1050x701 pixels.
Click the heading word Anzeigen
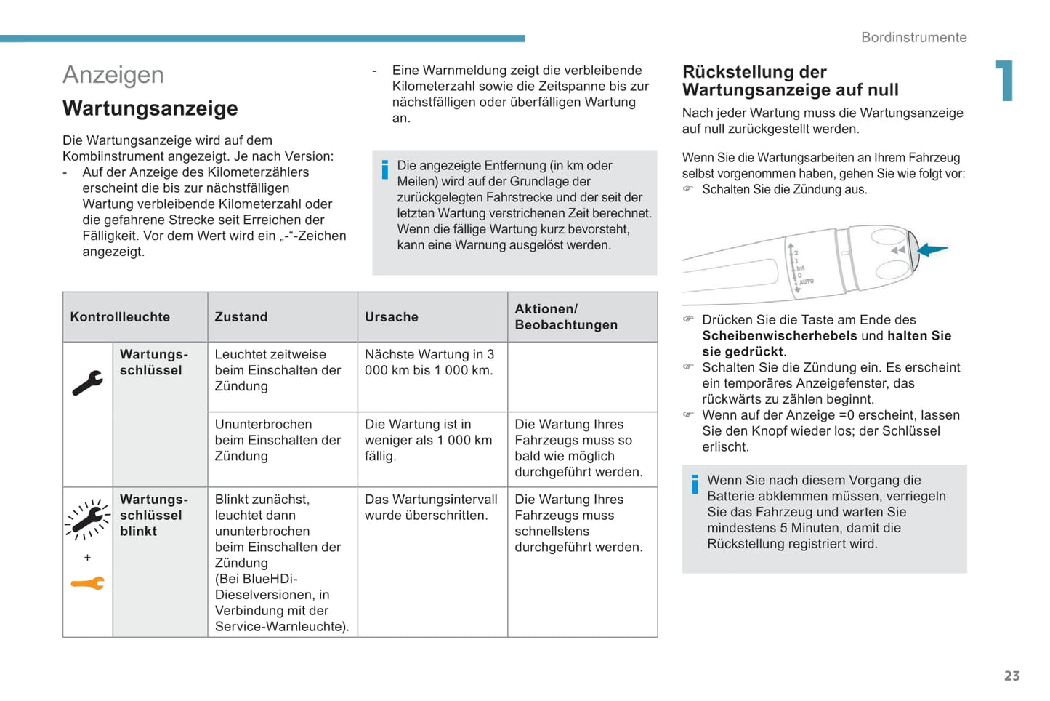pos(113,75)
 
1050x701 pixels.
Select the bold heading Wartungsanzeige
pos(150,108)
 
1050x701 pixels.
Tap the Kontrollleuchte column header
pos(120,317)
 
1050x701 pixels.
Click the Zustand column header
pos(241,317)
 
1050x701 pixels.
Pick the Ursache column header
pos(392,317)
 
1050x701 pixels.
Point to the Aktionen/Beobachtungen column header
pos(566,317)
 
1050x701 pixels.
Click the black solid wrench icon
pos(87,382)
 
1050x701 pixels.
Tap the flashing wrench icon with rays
pos(87,519)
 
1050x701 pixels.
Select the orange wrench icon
pos(87,583)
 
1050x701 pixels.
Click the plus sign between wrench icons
pos(87,558)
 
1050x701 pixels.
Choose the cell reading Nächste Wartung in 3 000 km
pos(429,363)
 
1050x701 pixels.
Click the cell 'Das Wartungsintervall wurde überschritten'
pos(431,508)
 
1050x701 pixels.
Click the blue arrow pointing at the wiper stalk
pos(932,249)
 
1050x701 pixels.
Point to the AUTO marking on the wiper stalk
pos(807,281)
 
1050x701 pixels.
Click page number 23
pos(1011,676)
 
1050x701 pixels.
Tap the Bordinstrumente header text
pos(913,38)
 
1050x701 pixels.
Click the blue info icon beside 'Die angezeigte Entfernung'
pos(384,169)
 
